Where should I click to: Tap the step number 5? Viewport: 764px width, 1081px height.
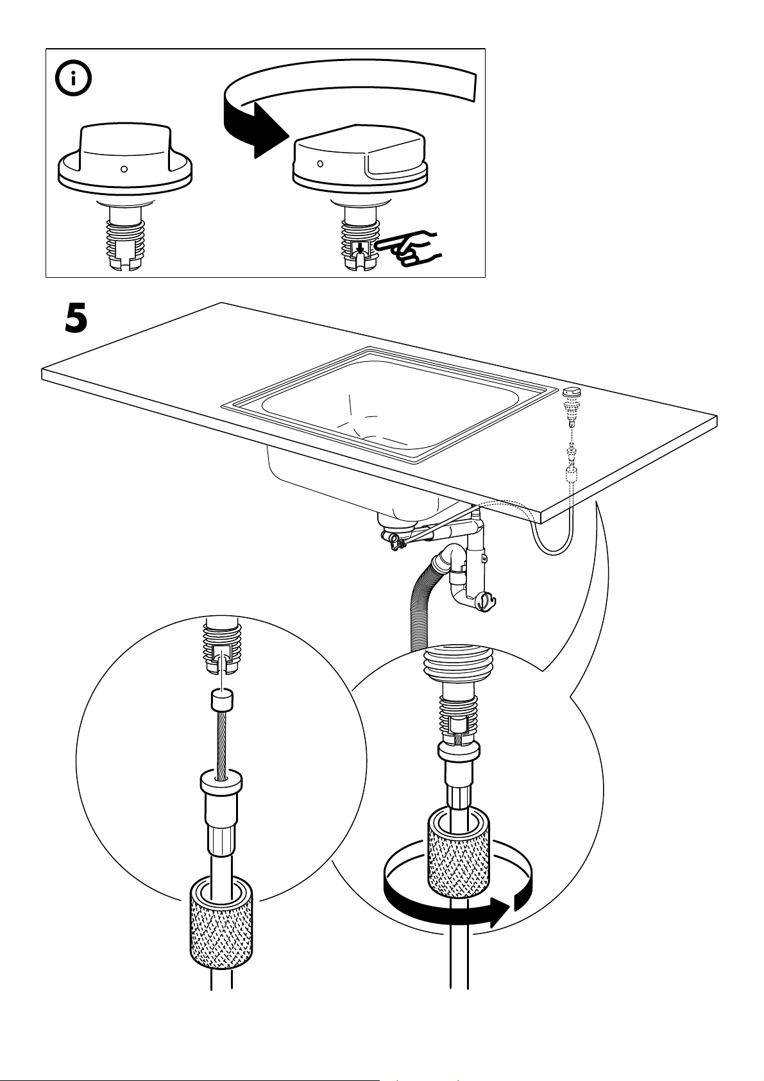(x=76, y=319)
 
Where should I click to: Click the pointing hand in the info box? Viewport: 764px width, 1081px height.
(x=407, y=248)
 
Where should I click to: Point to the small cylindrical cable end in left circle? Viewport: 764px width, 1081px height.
(x=221, y=701)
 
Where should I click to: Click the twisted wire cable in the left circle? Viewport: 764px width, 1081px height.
(x=221, y=744)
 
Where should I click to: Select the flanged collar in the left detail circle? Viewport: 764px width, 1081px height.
(x=221, y=783)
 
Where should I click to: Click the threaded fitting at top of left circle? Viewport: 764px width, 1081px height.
(x=221, y=645)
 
